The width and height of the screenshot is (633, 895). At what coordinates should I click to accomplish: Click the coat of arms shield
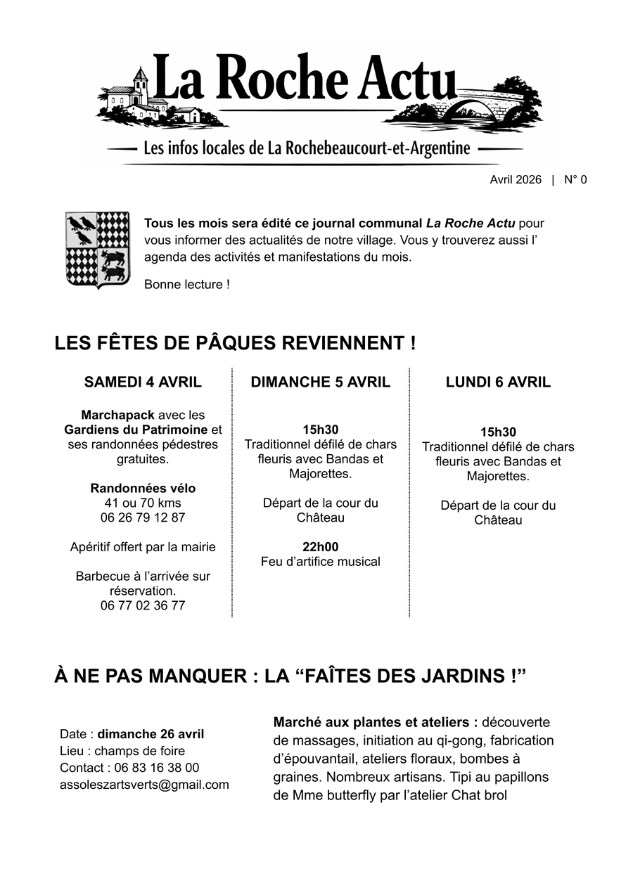coord(98,249)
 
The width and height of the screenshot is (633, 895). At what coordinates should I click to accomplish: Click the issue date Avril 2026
coord(516,180)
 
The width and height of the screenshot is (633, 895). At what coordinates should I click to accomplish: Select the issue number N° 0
coord(575,180)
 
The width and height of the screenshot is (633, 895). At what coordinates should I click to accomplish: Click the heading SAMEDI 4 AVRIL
coord(143,382)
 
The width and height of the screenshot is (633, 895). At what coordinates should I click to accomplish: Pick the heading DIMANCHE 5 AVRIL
coord(320,382)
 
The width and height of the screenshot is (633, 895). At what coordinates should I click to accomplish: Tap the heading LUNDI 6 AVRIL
coord(498,382)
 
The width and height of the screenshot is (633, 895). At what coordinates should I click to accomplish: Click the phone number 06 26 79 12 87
coord(143,518)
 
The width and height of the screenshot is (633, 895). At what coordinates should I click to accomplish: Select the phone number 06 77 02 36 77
coord(143,605)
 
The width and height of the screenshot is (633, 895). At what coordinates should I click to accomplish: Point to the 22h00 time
coord(320,547)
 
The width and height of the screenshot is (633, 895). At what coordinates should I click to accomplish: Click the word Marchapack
coord(117,416)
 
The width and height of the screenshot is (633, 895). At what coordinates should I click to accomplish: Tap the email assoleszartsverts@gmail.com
coord(144,785)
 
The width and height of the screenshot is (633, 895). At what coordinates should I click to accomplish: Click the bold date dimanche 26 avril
coord(151,734)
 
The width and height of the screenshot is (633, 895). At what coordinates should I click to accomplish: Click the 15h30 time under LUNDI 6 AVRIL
coord(498,432)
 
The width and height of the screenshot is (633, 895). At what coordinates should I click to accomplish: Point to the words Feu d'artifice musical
coord(320,562)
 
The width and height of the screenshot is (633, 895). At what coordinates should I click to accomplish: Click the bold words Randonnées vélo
coord(143,489)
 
